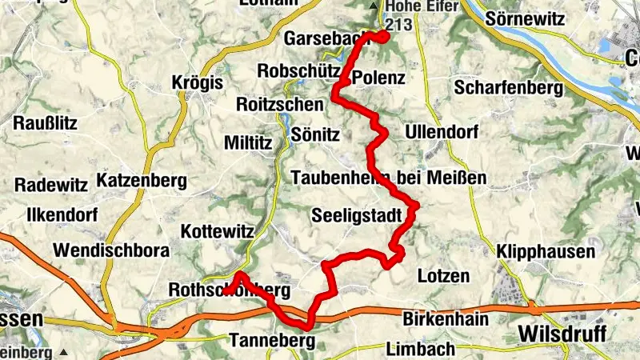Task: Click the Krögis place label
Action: [x=198, y=82]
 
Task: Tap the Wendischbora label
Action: [x=111, y=250]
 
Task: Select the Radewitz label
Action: [x=51, y=185]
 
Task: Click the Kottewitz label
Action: [x=218, y=231]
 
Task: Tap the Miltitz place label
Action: [x=249, y=142]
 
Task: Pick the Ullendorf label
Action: [x=442, y=130]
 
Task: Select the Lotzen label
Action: [x=443, y=276]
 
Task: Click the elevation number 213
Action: [x=398, y=24]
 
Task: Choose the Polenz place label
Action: [x=378, y=78]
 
